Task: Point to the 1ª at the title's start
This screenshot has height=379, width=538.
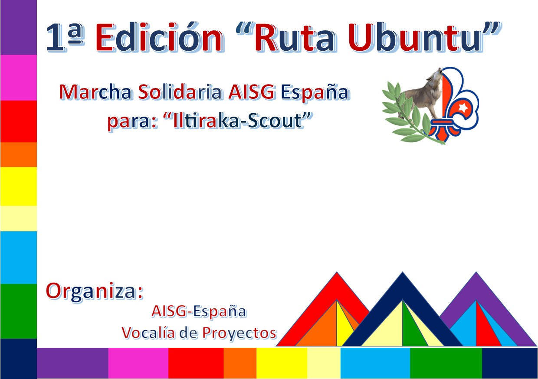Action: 66,38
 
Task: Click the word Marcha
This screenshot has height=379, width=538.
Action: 95,92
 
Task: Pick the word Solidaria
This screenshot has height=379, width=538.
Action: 180,92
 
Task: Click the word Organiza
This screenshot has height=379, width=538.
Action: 92,292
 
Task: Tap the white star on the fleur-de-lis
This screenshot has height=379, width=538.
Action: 462,107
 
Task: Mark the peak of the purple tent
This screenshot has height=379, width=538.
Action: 476,272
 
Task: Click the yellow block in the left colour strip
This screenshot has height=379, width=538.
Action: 19,186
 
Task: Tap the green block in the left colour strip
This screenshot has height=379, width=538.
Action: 19,311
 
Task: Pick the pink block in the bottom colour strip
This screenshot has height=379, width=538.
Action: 138,363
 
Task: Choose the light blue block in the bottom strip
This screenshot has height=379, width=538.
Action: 375,363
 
